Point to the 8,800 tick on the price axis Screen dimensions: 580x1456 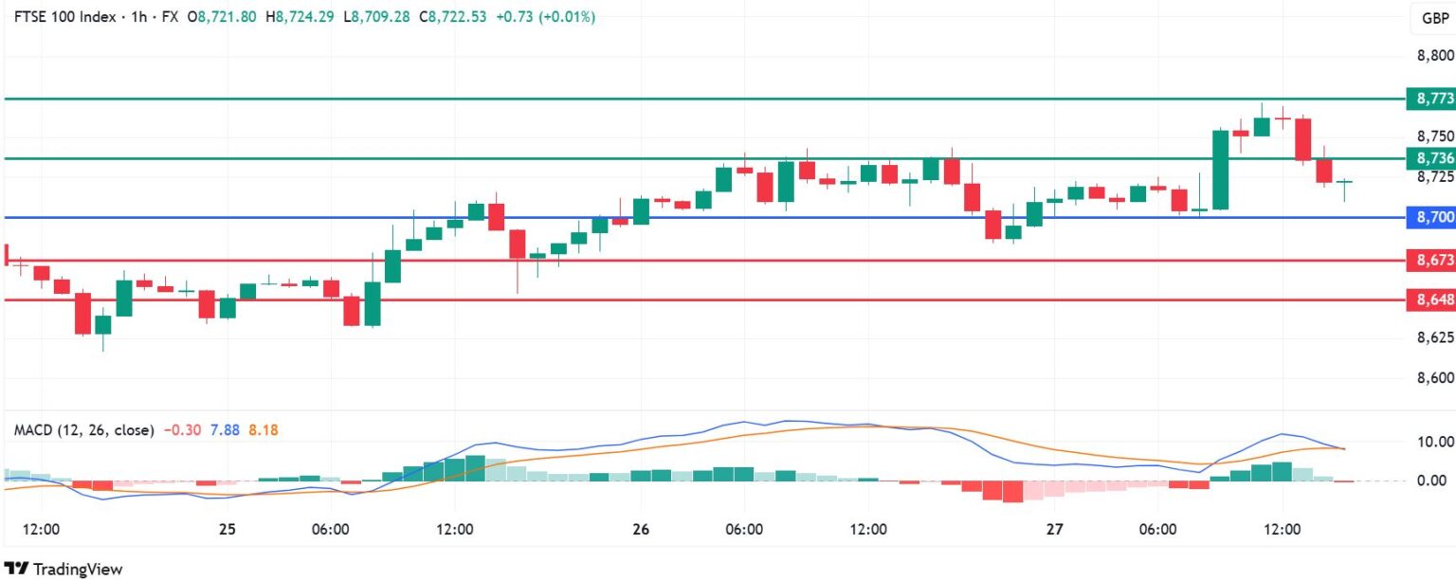[x=1434, y=56]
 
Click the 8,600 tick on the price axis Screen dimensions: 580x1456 [x=1434, y=378]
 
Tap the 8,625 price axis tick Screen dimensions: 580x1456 [x=1434, y=337]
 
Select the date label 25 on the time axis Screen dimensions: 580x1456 [x=227, y=529]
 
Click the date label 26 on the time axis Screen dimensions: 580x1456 [x=641, y=529]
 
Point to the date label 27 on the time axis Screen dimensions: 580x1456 [x=1054, y=529]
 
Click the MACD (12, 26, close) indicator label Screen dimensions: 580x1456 [x=83, y=429]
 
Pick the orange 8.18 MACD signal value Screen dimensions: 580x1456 [x=264, y=429]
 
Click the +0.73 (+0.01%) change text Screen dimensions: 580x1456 [x=546, y=16]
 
